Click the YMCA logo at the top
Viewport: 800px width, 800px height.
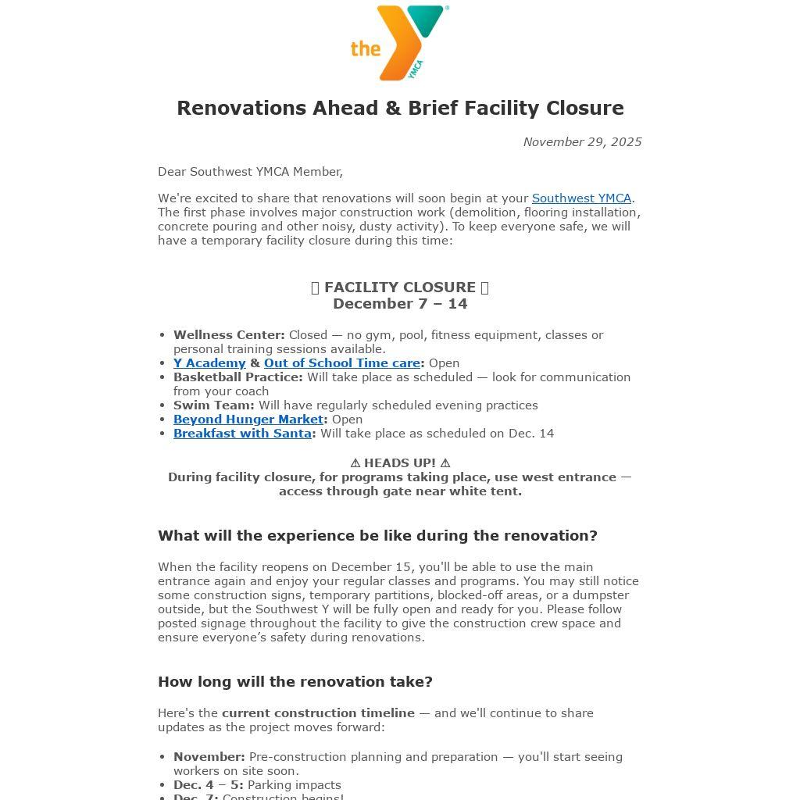point(400,43)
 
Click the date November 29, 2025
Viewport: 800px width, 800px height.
point(582,141)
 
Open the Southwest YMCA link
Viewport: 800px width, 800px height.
point(581,198)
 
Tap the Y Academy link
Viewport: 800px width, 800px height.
point(209,363)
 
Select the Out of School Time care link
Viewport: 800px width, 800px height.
point(341,363)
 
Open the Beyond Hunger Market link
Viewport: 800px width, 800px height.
point(248,420)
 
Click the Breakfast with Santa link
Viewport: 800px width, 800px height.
point(242,434)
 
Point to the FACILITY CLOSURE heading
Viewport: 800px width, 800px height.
point(400,287)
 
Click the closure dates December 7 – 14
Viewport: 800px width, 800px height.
point(400,304)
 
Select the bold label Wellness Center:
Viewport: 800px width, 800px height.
point(229,335)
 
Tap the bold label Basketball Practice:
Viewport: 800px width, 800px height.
point(237,377)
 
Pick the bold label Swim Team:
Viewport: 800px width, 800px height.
point(213,405)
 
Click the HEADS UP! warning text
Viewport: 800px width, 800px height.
point(400,463)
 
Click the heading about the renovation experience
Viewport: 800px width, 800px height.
point(377,536)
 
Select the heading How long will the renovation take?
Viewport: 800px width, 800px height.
point(295,682)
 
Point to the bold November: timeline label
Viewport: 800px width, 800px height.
point(209,757)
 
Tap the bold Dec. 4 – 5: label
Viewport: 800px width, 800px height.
point(208,785)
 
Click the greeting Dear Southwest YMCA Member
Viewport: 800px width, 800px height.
point(250,172)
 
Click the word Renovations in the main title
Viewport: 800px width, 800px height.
point(241,108)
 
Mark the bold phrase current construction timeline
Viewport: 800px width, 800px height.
point(318,713)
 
